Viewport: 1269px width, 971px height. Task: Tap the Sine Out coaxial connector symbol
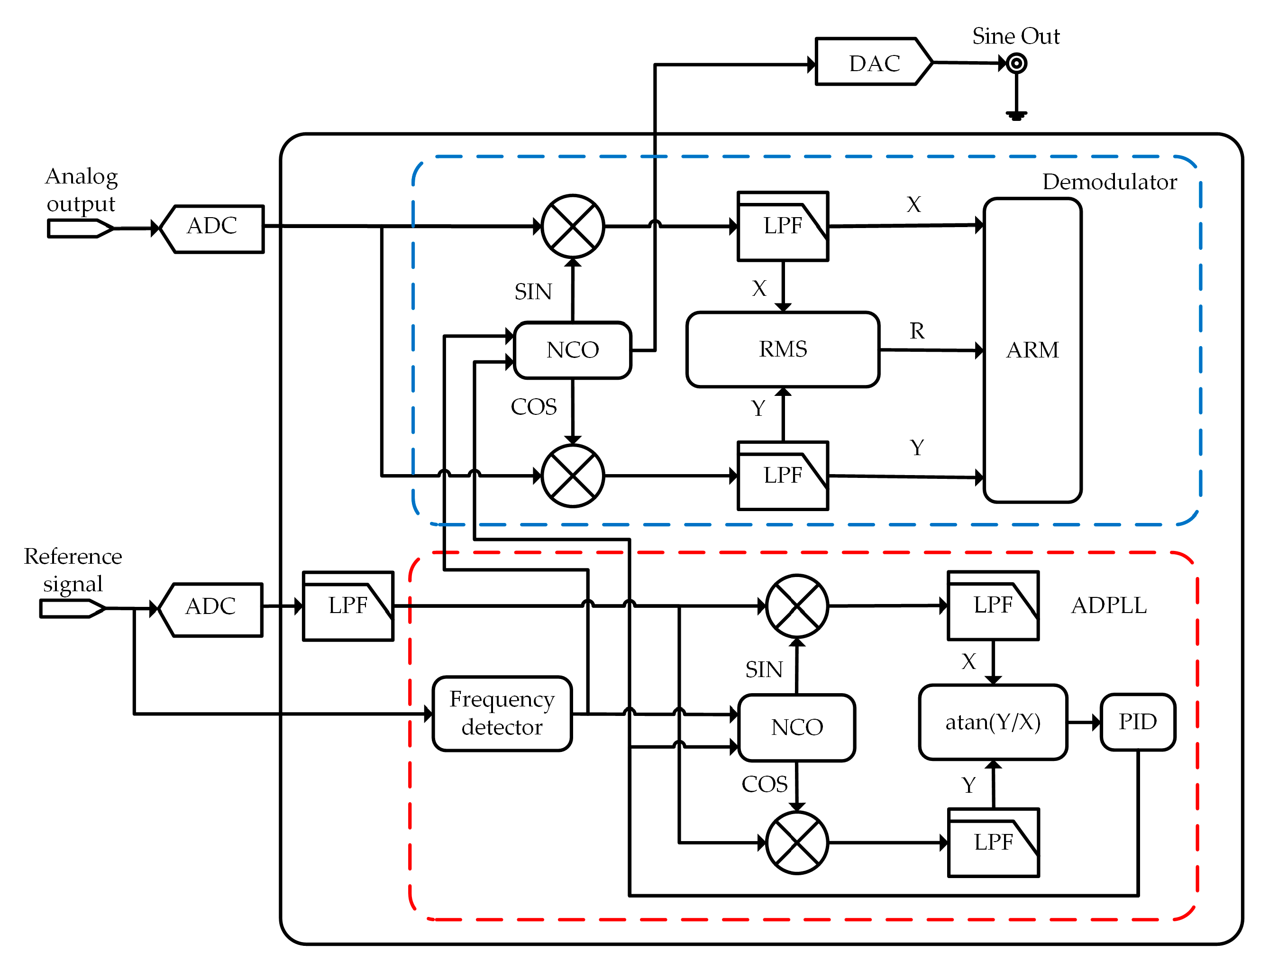1016,63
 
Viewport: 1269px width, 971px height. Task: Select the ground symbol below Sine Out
1016,115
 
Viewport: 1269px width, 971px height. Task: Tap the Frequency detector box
502,713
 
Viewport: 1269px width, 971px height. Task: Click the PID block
1137,722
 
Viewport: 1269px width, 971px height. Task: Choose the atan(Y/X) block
992,722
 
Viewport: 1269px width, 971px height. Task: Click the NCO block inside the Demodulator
572,350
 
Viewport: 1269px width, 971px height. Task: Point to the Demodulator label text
1109,182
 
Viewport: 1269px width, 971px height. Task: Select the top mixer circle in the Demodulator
572,227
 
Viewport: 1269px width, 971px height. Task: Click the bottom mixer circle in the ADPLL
796,843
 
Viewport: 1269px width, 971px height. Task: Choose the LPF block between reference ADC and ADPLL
348,606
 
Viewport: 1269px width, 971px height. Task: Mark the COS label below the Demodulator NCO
533,407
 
